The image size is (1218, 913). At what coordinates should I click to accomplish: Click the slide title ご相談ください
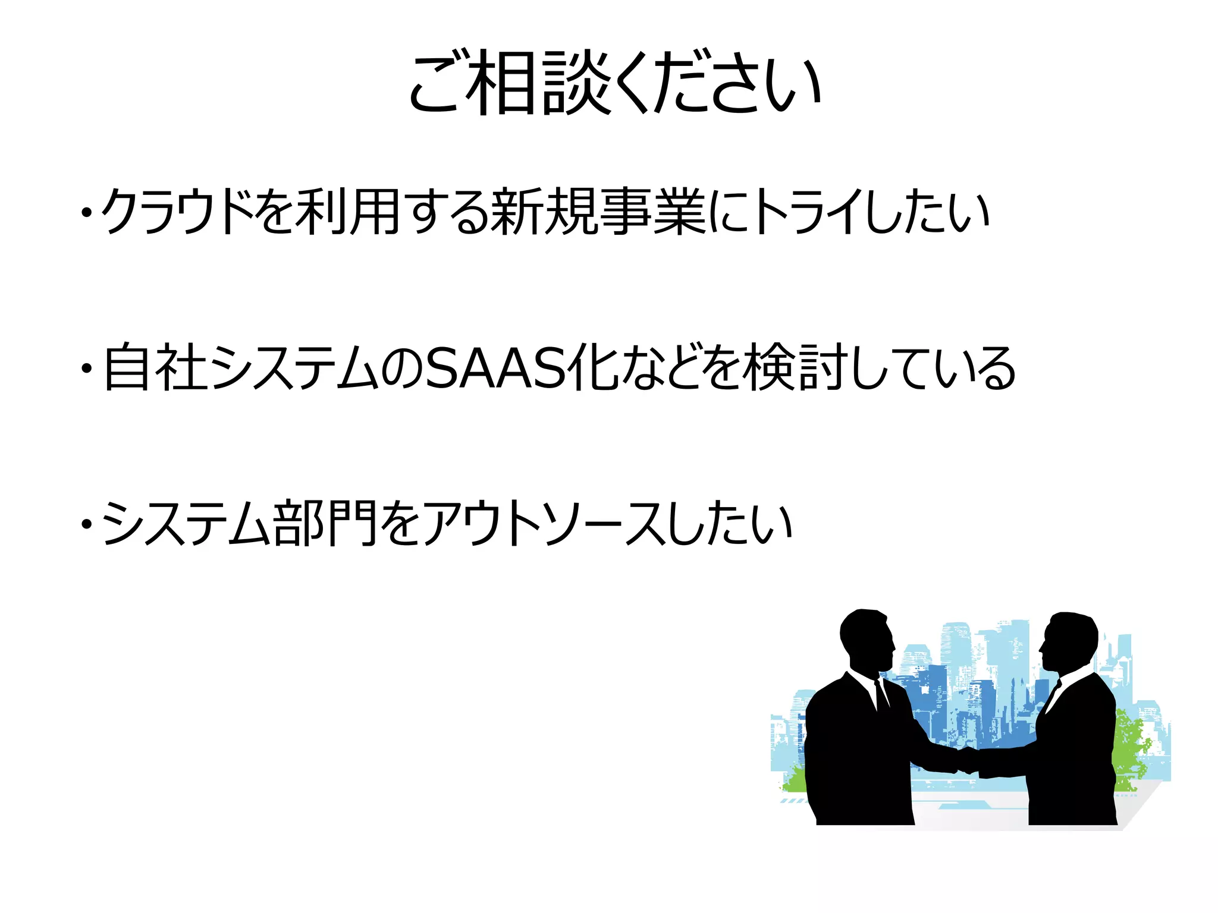tap(615, 83)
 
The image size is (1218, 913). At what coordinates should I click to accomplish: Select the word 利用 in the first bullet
tap(347, 212)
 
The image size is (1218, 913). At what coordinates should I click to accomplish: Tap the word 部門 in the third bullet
tap(324, 523)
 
